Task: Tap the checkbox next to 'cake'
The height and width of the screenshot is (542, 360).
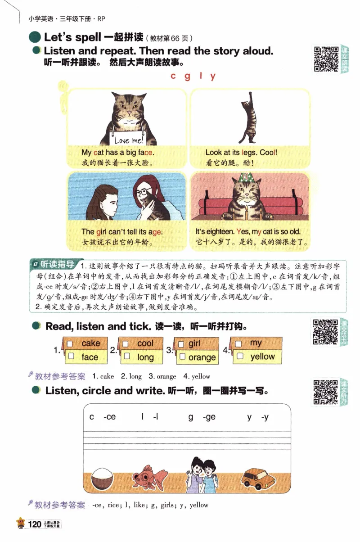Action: click(x=70, y=343)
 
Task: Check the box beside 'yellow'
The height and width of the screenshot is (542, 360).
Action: click(x=240, y=357)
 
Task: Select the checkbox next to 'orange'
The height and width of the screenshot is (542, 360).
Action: click(x=182, y=357)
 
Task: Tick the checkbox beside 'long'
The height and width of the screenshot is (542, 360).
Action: click(x=127, y=357)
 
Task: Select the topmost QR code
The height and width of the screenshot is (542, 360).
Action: click(x=325, y=59)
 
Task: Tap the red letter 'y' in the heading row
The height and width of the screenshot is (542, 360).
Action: click(x=213, y=76)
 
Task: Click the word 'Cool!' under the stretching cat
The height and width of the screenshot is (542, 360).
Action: click(x=268, y=153)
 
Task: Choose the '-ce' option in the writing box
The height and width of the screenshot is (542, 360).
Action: click(x=109, y=417)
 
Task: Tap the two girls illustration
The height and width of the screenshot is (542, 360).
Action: click(x=201, y=474)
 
